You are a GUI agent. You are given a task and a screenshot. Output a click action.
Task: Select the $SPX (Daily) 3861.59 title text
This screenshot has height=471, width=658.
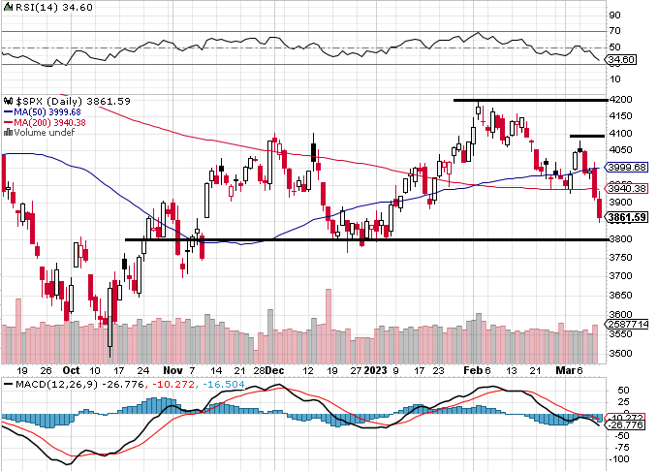point(68,101)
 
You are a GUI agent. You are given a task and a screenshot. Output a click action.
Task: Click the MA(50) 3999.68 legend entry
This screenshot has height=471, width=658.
point(44,112)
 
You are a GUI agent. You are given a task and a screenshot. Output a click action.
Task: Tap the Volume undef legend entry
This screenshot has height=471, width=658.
point(42,134)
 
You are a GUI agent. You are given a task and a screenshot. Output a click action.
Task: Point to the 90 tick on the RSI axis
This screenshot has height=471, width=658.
point(614,16)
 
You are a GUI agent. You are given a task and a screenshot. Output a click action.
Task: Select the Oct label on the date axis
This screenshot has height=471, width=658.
point(70,370)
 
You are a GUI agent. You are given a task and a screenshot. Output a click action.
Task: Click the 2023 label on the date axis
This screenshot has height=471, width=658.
point(374,370)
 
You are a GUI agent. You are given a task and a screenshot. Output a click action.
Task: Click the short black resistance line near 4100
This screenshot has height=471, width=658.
point(587,136)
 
